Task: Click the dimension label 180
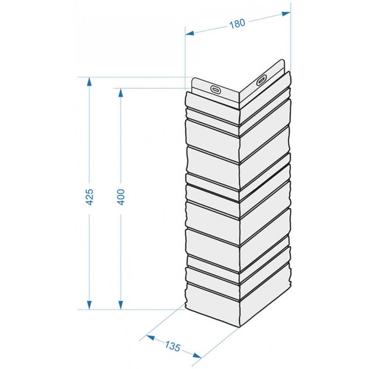(x=237, y=24)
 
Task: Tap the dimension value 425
(x=89, y=197)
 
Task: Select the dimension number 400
(x=121, y=197)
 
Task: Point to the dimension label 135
(x=172, y=346)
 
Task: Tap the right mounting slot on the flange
(x=262, y=80)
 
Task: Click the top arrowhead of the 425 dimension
(x=89, y=82)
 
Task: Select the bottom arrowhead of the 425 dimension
(x=89, y=305)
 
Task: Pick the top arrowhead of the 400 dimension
(x=121, y=93)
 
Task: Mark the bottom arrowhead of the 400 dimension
(x=121, y=305)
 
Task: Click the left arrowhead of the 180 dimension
(x=189, y=34)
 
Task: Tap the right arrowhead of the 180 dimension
(x=286, y=14)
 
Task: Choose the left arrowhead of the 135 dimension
(x=151, y=338)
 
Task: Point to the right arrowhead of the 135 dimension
(x=197, y=355)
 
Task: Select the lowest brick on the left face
(x=213, y=305)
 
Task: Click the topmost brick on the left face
(x=213, y=100)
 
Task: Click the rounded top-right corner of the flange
(x=283, y=61)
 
